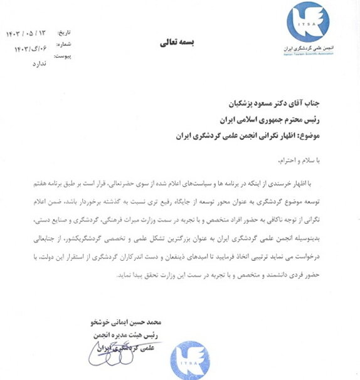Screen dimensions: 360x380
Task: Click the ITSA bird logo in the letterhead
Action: click(307, 23)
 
